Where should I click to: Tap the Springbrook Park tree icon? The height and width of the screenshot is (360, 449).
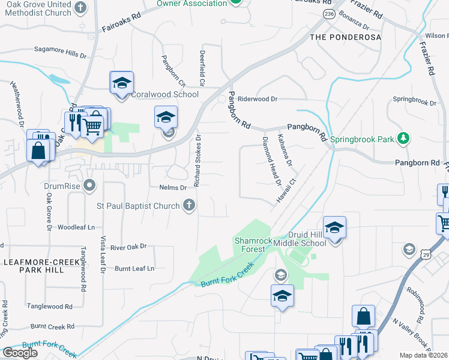[405, 139]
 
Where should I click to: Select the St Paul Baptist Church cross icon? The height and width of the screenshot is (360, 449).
[189, 206]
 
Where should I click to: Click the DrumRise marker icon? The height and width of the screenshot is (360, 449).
[90, 185]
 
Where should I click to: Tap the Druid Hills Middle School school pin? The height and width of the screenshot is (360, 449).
[335, 227]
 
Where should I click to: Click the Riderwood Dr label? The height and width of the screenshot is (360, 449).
[258, 98]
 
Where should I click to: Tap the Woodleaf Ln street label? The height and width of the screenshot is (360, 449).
[76, 227]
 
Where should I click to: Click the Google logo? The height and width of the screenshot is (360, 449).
[20, 353]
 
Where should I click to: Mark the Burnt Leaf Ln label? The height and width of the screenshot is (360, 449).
[134, 268]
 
